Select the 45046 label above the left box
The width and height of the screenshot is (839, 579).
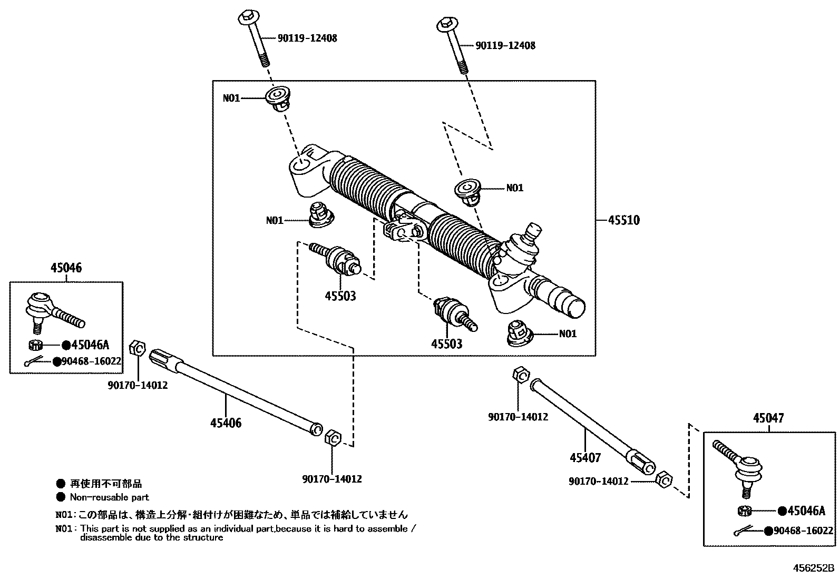coord(66,268)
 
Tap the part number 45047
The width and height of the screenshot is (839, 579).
coord(768,418)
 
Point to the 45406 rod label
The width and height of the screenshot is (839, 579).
coord(226,423)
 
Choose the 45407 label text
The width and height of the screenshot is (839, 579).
coord(585,458)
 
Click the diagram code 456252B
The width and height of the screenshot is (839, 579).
coord(814,568)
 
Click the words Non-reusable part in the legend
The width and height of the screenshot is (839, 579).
coord(109,497)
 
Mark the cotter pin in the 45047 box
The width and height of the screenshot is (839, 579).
coord(744,532)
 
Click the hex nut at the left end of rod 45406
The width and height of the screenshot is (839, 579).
coord(136,348)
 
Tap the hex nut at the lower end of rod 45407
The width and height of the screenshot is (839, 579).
coord(664,480)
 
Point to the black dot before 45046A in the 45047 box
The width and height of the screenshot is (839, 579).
coord(782,511)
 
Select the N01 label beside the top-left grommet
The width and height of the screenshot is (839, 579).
coord(231,98)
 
